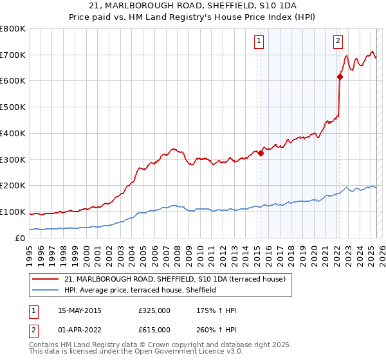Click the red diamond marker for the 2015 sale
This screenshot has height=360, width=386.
(x=261, y=153)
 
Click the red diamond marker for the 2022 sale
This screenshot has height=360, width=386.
(x=339, y=77)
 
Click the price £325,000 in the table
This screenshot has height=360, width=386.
(x=154, y=310)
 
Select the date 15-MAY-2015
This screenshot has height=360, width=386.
(x=79, y=310)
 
